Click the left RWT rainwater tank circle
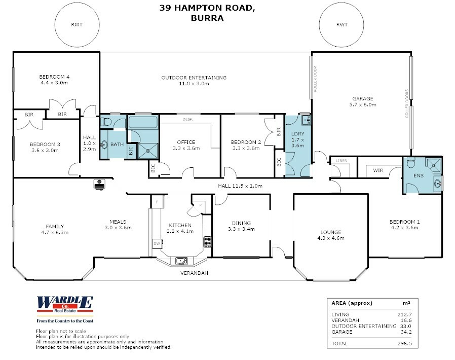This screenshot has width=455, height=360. click(x=55, y=25)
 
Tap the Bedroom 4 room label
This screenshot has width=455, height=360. click(x=54, y=77)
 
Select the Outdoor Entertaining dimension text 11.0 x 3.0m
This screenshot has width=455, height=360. click(x=194, y=84)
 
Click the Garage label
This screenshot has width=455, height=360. click(x=363, y=99)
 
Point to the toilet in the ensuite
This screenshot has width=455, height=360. click(x=410, y=163)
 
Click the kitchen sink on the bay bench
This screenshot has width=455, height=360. click(x=182, y=261)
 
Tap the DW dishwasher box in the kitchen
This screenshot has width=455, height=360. click(x=157, y=243)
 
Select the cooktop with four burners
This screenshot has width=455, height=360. click(x=207, y=241)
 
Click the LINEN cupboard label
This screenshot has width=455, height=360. click(x=342, y=161)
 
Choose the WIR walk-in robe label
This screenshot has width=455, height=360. click(x=378, y=170)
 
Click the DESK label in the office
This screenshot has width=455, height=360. click(x=187, y=119)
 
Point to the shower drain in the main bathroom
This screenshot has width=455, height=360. click(x=148, y=151)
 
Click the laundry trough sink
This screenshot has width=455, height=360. click(x=306, y=120)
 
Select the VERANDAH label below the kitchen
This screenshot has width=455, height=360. click(x=194, y=273)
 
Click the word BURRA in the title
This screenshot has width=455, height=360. click(x=207, y=18)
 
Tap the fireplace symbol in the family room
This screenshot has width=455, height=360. click(x=99, y=185)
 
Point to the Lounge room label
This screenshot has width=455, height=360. click(x=331, y=232)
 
